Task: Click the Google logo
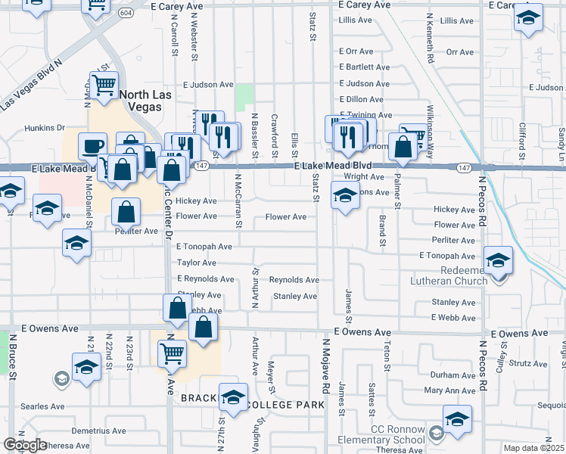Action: pos(25,445)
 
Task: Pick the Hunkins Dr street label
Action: pos(45,128)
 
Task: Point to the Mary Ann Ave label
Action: pos(449,391)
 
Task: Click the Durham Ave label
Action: pos(452,375)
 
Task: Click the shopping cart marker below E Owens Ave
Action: pos(173,353)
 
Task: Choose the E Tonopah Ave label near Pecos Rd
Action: pos(447,257)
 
